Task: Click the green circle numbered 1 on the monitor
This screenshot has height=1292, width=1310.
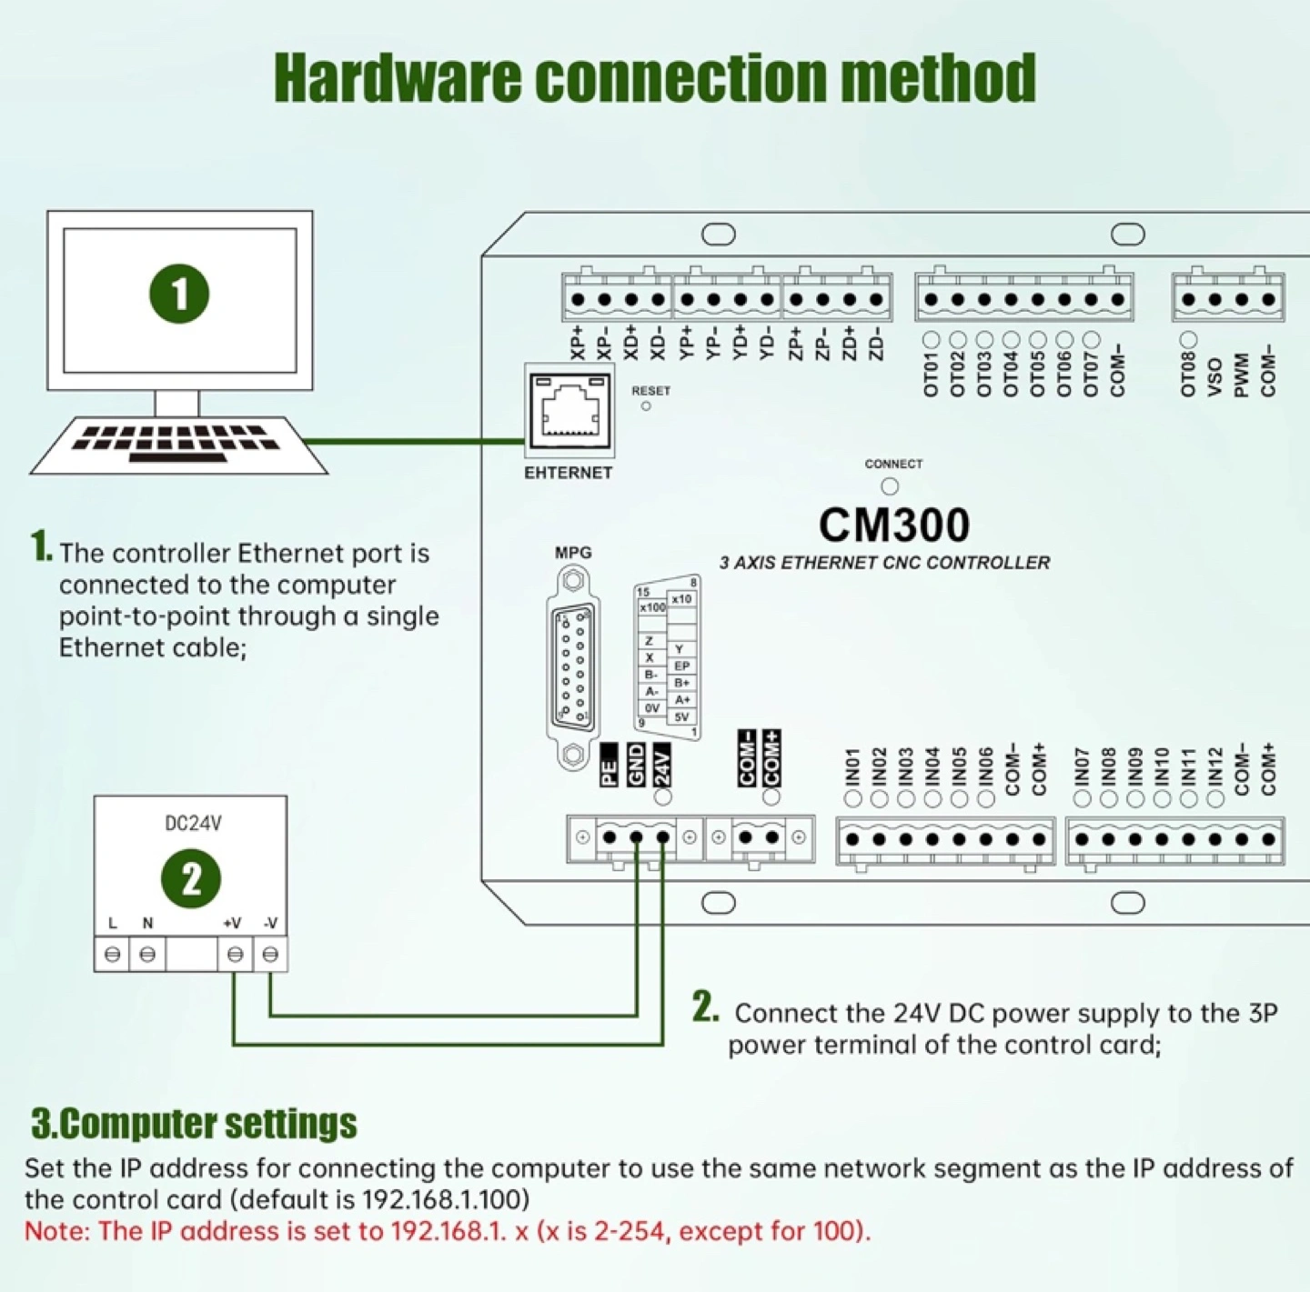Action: click(179, 294)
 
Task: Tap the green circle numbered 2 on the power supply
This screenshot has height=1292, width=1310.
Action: click(191, 879)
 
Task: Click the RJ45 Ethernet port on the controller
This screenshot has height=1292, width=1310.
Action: click(569, 411)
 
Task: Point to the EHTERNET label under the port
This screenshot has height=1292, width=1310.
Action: click(569, 473)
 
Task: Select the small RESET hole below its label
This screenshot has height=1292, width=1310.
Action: click(646, 406)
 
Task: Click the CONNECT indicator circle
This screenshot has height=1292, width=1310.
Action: click(890, 486)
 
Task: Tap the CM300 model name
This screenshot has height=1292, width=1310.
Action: click(893, 526)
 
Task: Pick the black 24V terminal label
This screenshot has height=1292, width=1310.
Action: click(663, 765)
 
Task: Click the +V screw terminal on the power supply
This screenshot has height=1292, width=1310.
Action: click(235, 955)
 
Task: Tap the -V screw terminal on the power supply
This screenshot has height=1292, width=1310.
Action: click(270, 955)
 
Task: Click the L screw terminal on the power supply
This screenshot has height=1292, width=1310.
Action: click(112, 955)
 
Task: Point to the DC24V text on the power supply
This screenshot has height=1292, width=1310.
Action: click(193, 823)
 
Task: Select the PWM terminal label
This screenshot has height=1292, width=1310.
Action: click(1242, 375)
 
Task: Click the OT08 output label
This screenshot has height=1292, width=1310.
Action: click(1188, 375)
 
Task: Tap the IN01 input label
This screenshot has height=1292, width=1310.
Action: click(852, 768)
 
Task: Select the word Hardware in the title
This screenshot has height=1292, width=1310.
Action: click(398, 78)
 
